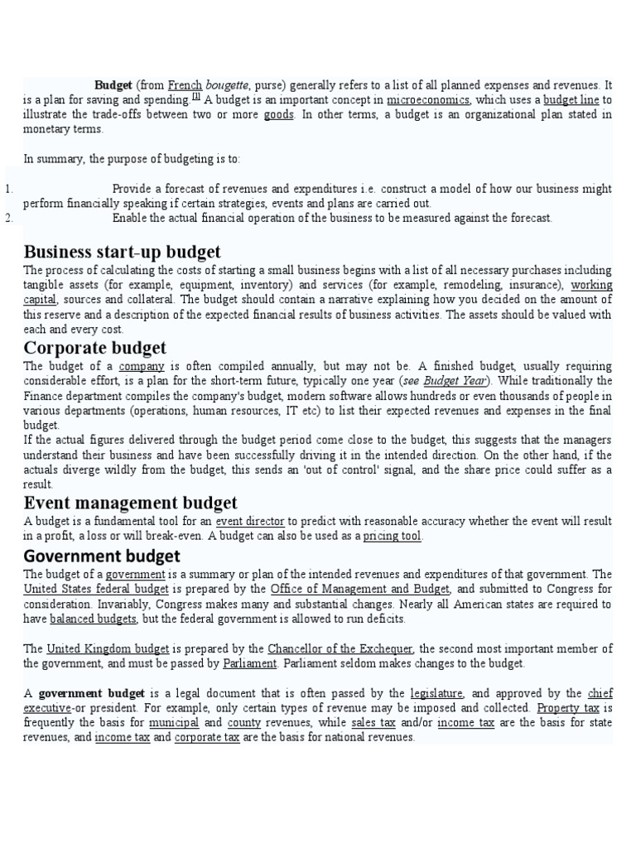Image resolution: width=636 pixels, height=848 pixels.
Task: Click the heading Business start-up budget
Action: (x=123, y=252)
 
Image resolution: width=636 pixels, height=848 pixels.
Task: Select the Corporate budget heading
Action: (x=95, y=347)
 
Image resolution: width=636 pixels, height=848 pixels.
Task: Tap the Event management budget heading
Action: (x=131, y=502)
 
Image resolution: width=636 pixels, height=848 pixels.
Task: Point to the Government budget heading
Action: (x=102, y=555)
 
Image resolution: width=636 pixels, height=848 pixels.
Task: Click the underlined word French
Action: (x=185, y=84)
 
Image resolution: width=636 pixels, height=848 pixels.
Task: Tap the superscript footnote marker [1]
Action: (x=196, y=97)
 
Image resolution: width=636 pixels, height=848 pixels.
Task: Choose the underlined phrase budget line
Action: (x=571, y=99)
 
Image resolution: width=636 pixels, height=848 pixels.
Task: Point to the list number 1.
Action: (x=8, y=189)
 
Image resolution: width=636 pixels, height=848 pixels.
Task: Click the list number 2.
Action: (x=8, y=218)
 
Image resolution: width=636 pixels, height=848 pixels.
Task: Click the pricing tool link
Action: (x=393, y=536)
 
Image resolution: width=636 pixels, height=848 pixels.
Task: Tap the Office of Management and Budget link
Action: (x=360, y=589)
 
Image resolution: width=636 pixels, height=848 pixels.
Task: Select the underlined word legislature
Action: (x=437, y=693)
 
